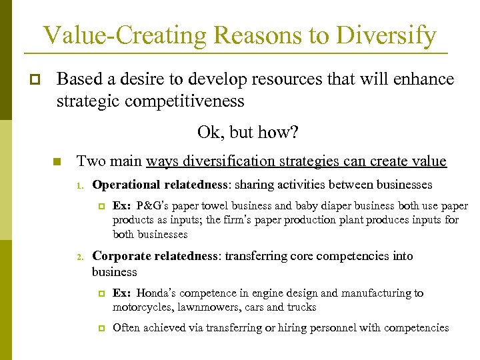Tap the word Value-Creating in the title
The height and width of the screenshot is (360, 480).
(113, 35)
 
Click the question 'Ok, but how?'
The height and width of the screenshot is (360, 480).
(247, 133)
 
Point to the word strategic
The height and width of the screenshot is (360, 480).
(82, 101)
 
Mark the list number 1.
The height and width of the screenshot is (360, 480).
(78, 185)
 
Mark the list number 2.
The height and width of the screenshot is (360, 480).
(78, 257)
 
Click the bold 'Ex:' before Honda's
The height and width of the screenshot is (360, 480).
(122, 293)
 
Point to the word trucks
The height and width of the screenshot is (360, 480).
(301, 307)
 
